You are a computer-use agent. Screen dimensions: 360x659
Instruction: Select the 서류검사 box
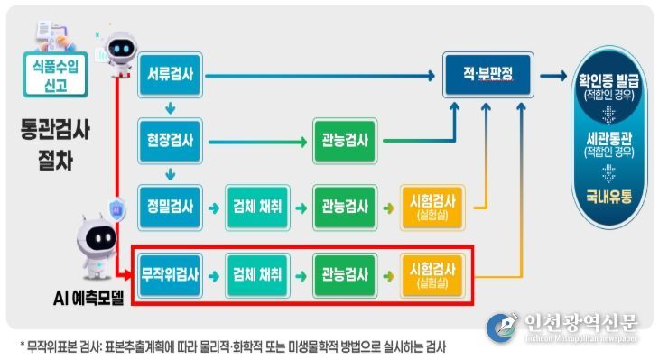point(171,74)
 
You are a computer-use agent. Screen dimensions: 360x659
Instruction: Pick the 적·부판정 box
point(488,76)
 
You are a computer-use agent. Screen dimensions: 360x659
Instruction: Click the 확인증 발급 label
point(609,78)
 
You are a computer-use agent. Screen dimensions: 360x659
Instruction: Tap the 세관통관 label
point(609,138)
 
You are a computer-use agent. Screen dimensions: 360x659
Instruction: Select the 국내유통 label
point(609,194)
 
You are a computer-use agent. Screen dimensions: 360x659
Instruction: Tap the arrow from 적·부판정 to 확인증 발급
point(553,76)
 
